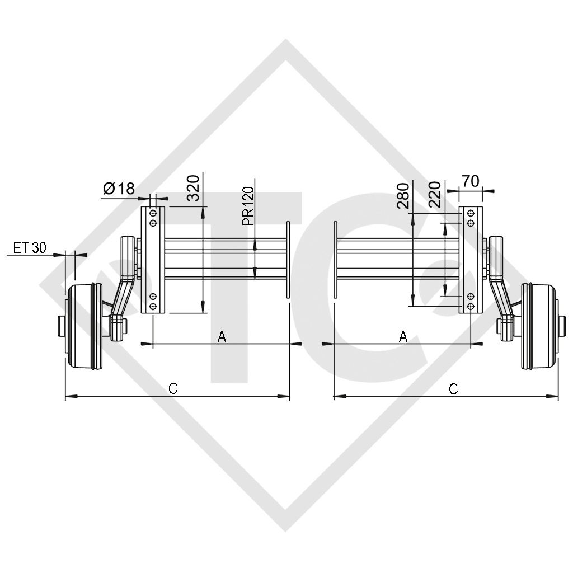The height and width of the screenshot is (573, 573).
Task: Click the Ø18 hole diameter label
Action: tap(119, 189)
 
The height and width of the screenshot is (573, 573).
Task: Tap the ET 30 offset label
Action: tap(30, 248)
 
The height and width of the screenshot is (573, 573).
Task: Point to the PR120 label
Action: tap(248, 206)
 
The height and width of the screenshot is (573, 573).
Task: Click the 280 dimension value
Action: tap(402, 195)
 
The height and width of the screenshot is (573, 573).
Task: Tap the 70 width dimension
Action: tap(471, 181)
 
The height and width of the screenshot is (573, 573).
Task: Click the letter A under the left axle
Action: tap(222, 336)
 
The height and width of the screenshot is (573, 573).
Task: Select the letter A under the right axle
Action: tap(402, 336)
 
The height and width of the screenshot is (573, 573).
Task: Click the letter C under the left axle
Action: tap(173, 388)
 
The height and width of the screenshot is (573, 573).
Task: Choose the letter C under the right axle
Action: tap(453, 388)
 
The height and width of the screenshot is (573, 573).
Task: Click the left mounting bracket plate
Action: tap(153, 260)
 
